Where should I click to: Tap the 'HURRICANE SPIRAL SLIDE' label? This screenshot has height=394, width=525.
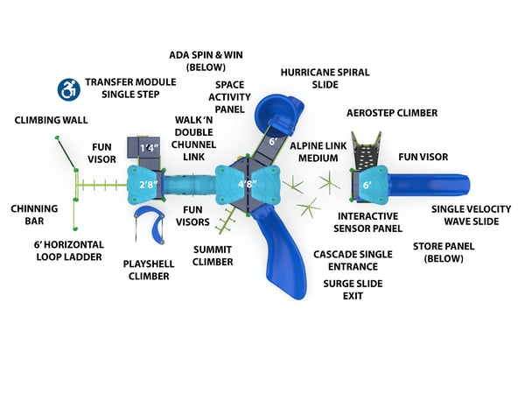[325, 78]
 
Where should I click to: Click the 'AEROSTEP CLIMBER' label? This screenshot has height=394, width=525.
[392, 113]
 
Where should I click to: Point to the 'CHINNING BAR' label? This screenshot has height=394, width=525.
[35, 215]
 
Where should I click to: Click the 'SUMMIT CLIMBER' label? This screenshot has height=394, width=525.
[213, 255]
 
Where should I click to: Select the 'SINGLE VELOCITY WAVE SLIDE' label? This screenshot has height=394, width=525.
[465, 215]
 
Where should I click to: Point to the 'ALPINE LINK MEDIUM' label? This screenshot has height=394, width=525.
[318, 152]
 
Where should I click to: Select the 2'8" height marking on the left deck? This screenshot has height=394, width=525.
[149, 185]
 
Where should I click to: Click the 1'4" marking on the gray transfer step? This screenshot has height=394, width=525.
[149, 148]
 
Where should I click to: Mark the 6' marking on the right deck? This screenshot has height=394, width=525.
[367, 185]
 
